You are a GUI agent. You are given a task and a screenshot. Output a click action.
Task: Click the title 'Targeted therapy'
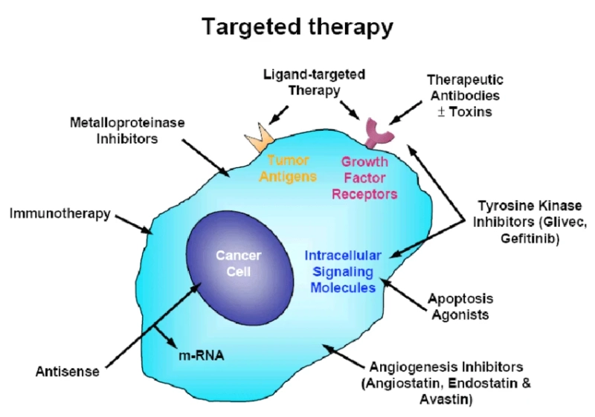(x=297, y=27)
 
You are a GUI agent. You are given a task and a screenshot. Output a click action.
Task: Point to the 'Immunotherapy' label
(x=59, y=214)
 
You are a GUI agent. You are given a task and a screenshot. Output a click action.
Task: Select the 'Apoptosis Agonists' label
(x=458, y=306)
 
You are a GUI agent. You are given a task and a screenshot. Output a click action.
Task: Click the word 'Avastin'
(x=450, y=399)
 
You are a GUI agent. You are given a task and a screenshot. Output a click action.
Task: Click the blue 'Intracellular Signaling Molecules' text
(x=342, y=271)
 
